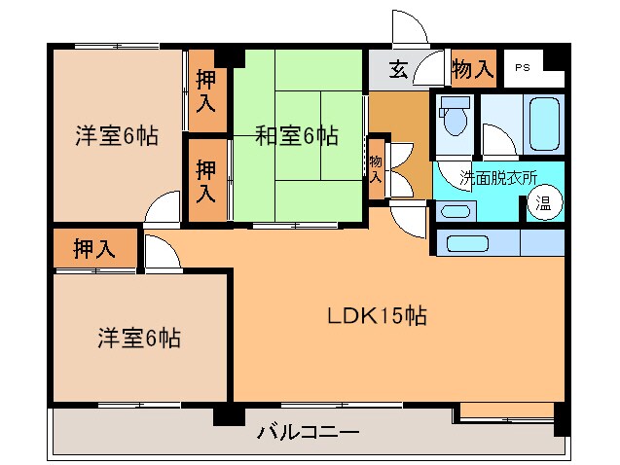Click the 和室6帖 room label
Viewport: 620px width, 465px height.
tap(297, 136)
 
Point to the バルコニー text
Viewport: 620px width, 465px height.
tap(309, 431)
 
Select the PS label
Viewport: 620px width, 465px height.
tap(523, 68)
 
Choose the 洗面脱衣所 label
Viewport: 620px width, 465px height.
tap(498, 177)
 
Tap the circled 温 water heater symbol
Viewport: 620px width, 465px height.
tap(543, 204)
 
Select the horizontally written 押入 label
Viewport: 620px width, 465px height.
tap(93, 249)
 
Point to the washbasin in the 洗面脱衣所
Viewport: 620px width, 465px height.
tap(454, 211)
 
